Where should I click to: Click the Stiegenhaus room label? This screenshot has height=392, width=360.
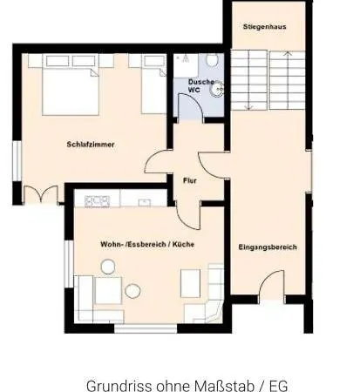point(264,27)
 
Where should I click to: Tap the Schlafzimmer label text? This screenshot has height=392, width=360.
point(91,145)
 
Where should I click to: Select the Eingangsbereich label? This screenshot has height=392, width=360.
point(268,247)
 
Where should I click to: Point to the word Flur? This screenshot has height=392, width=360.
point(190,180)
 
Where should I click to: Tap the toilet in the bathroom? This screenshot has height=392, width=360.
point(213,60)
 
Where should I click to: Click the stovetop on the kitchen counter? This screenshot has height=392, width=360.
point(97,201)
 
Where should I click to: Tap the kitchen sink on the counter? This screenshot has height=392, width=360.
point(145,202)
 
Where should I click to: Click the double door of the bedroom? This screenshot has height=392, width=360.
point(41,194)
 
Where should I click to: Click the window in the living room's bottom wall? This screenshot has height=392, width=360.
point(146,328)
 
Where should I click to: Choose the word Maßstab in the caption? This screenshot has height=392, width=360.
point(224,386)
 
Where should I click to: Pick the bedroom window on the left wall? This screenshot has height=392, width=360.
point(17,161)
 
